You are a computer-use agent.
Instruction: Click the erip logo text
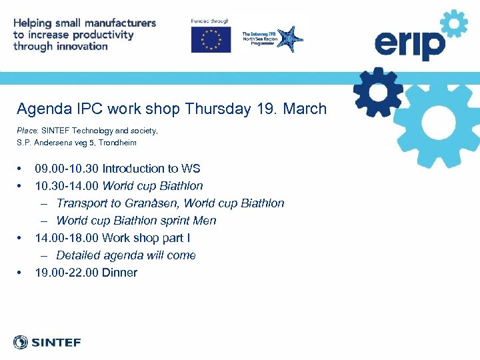(x=409, y=46)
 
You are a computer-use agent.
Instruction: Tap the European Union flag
(x=211, y=39)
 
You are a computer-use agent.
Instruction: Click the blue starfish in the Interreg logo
(x=290, y=39)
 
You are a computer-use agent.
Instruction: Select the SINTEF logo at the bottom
(x=47, y=343)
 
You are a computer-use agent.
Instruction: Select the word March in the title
(x=305, y=109)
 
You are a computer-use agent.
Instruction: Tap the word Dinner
(x=119, y=273)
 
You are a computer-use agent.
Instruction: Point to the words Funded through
(x=209, y=21)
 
